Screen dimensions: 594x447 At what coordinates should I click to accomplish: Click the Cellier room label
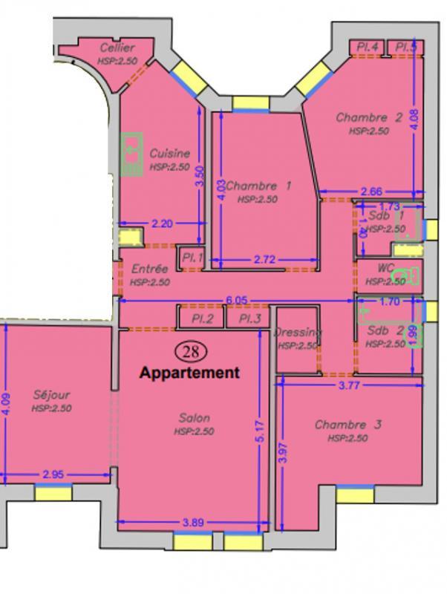[117, 48]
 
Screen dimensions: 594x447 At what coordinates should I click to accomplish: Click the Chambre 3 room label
[348, 425]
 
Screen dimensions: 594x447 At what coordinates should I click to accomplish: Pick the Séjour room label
[51, 395]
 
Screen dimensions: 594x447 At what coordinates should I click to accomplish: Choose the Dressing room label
[297, 333]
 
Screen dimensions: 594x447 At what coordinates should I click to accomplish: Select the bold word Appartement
[190, 373]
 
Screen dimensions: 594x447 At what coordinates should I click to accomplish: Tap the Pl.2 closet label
[203, 319]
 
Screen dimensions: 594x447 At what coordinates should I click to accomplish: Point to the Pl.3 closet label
[250, 319]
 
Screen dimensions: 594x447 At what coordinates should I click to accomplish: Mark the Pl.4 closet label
[368, 47]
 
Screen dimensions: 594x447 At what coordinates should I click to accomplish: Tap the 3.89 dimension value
[193, 522]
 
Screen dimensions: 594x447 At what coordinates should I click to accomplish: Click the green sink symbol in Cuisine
[131, 154]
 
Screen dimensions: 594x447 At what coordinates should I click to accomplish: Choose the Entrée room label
[149, 270]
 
